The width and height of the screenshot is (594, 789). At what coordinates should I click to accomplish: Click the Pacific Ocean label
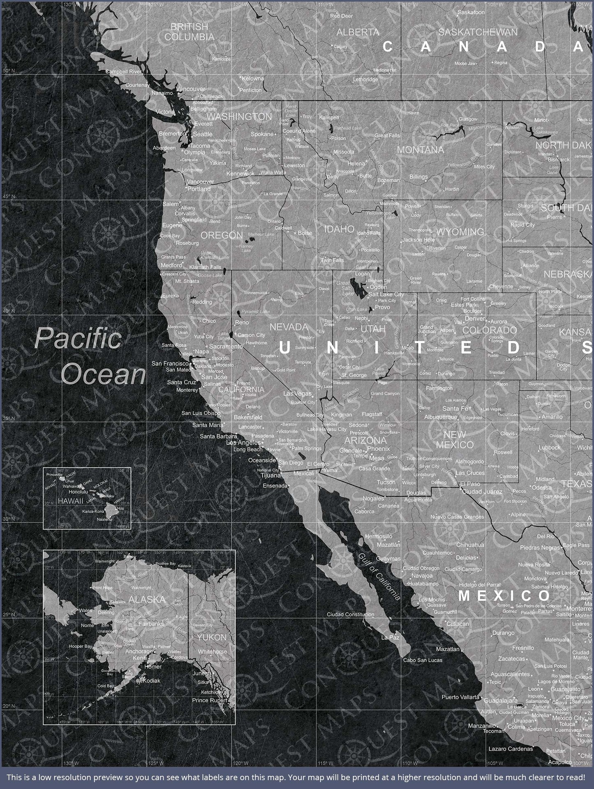pyautogui.click(x=90, y=356)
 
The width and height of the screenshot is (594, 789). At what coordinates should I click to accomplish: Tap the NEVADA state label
pyautogui.click(x=289, y=327)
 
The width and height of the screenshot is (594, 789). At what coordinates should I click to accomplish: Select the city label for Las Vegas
pyautogui.click(x=297, y=394)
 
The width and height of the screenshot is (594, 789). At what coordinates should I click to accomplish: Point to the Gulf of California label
pyautogui.click(x=379, y=576)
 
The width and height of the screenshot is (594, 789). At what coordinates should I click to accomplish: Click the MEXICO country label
pyautogui.click(x=504, y=596)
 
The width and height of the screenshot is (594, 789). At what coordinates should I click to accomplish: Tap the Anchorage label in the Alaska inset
pyautogui.click(x=139, y=651)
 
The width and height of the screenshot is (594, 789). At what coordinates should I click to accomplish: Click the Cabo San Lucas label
pyautogui.click(x=423, y=660)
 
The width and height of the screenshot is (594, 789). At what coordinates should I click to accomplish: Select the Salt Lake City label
pyautogui.click(x=386, y=294)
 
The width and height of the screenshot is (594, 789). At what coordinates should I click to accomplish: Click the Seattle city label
pyautogui.click(x=203, y=134)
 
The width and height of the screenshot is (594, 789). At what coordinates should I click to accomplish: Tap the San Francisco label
pyautogui.click(x=170, y=363)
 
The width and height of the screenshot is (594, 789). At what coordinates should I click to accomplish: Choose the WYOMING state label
pyautogui.click(x=460, y=232)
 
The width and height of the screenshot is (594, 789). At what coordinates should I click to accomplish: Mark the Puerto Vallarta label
pyautogui.click(x=460, y=697)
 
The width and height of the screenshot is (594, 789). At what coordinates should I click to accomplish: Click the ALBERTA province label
pyautogui.click(x=358, y=32)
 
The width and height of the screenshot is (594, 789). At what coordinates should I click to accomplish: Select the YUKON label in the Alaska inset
pyautogui.click(x=211, y=638)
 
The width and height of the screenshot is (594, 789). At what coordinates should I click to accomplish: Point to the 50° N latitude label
pyautogui.click(x=9, y=71)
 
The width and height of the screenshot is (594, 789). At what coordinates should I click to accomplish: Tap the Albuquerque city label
pyautogui.click(x=441, y=417)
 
